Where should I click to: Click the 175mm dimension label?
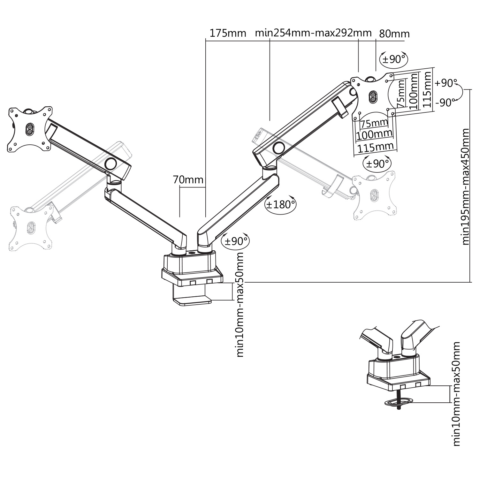(x=228, y=33)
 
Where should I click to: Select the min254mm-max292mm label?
(x=313, y=33)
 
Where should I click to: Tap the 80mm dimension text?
(x=394, y=34)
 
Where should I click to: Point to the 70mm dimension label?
(x=188, y=180)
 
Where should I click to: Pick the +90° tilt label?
(x=446, y=83)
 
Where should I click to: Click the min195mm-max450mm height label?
(x=466, y=187)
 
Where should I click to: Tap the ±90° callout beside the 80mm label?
(x=394, y=59)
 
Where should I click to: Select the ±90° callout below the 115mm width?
(x=377, y=163)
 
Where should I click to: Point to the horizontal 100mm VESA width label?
(x=374, y=134)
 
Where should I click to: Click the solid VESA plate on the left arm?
(x=29, y=129)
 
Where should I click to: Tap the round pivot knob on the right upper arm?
(x=279, y=148)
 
